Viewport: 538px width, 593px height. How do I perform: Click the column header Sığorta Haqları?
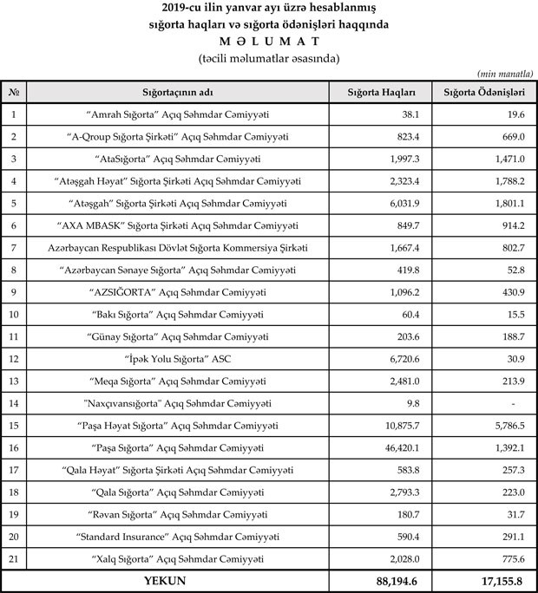point(381,91)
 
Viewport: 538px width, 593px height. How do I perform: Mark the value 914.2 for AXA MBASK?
point(506,225)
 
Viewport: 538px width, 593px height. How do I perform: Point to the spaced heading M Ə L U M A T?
point(268,41)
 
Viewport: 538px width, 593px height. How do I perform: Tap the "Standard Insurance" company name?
point(179,538)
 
